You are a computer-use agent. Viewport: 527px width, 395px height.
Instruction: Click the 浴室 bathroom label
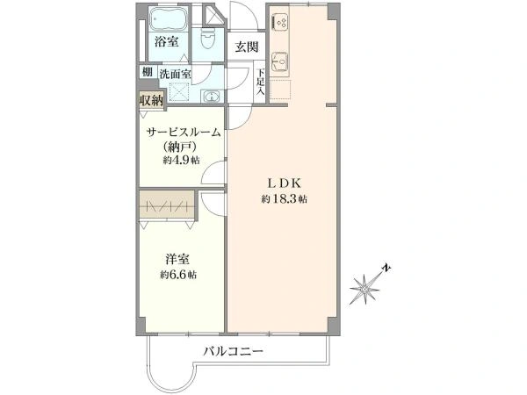[x=166, y=42]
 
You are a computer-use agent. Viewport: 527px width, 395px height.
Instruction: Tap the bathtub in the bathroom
[x=169, y=18]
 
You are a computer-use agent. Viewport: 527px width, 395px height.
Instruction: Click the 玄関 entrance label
[x=246, y=47]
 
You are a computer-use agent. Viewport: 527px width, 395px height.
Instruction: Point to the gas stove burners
[x=280, y=21]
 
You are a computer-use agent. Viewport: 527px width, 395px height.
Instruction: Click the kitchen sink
[x=279, y=61]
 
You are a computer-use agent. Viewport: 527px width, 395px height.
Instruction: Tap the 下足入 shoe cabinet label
[x=261, y=82]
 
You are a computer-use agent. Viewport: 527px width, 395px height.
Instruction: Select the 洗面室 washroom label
[x=175, y=74]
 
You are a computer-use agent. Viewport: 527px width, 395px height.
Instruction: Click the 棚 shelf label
[x=148, y=72]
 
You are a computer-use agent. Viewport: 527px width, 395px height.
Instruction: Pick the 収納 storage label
[x=152, y=100]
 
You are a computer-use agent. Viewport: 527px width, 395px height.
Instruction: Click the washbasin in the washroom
[x=211, y=96]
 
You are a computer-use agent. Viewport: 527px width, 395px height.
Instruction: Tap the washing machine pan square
[x=179, y=91]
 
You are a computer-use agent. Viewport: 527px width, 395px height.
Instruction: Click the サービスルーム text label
[x=184, y=133]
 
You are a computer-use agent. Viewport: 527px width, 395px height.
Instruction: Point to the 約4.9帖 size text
[x=181, y=161]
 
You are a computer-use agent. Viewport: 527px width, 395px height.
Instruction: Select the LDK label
[x=284, y=183]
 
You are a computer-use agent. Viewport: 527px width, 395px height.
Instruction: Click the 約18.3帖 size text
[x=284, y=199]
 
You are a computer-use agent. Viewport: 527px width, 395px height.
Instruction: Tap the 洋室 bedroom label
[x=177, y=259]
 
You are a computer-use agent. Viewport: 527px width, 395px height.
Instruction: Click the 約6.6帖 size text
[x=178, y=275]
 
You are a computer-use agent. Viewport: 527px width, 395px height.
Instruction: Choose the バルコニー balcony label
[x=233, y=352]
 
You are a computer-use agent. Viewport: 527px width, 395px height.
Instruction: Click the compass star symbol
[x=365, y=289]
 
